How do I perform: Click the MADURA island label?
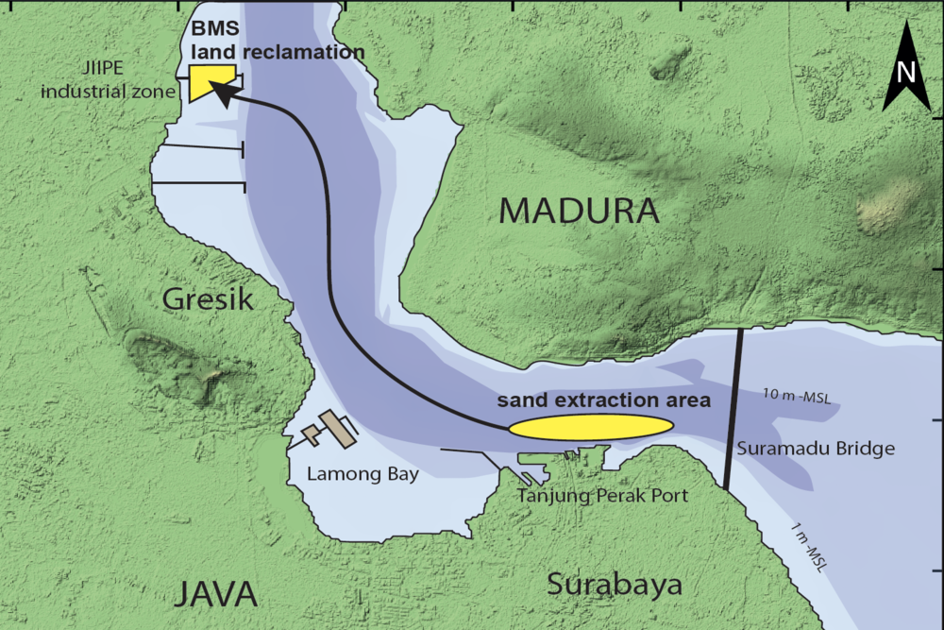pyautogui.click(x=578, y=210)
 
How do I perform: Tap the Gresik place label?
pyautogui.click(x=209, y=300)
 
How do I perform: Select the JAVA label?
pyautogui.click(x=216, y=594)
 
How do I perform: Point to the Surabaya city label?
pyautogui.click(x=615, y=584)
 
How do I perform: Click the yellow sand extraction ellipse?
pyautogui.click(x=591, y=427)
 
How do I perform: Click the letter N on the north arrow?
pyautogui.click(x=906, y=72)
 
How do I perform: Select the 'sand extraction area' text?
pyautogui.click(x=604, y=400)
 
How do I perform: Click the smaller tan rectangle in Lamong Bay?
pyautogui.click(x=311, y=435)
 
